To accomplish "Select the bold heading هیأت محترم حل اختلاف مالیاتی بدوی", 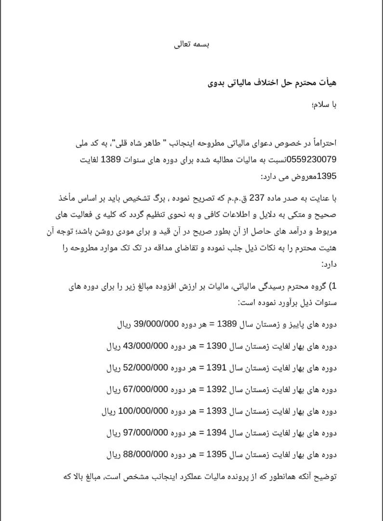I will [272, 83].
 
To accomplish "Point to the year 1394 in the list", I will [216, 433].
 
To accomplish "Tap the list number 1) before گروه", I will [332, 287].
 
